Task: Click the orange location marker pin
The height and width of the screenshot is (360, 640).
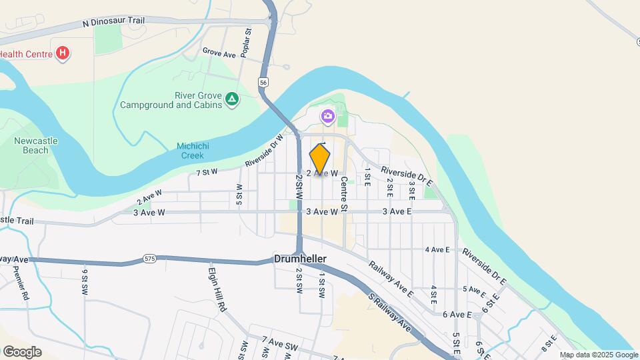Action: click(x=320, y=159)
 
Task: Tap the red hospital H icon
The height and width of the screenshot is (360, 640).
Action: click(x=63, y=53)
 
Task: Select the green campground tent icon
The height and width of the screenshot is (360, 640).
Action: click(x=231, y=99)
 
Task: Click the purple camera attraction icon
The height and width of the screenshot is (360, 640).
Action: click(x=327, y=117)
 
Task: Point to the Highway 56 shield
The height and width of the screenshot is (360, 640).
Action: click(x=264, y=82)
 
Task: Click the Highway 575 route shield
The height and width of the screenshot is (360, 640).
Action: click(x=149, y=258)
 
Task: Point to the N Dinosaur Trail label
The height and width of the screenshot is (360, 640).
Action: click(x=113, y=22)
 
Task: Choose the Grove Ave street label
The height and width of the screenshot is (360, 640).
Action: click(x=220, y=51)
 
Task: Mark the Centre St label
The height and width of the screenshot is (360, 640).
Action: click(x=345, y=194)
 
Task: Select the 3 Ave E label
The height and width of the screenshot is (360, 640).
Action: click(x=397, y=211)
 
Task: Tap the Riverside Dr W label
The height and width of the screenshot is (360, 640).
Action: click(x=264, y=151)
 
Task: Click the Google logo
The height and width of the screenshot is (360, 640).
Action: click(x=22, y=351)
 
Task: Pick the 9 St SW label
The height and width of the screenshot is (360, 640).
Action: click(x=85, y=282)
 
